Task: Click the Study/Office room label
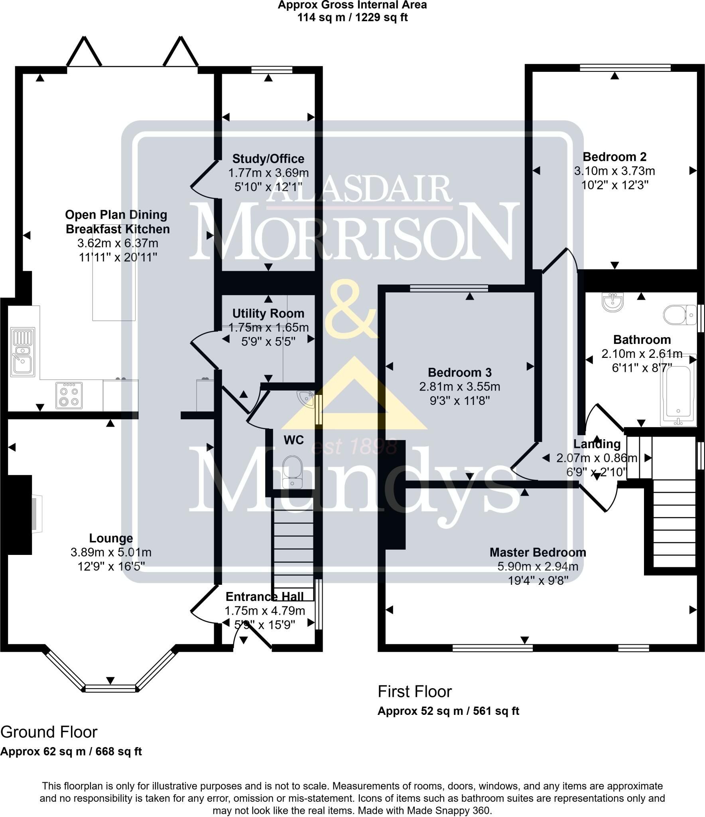pos(268,159)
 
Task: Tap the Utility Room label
pos(268,314)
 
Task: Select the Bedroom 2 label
pos(614,157)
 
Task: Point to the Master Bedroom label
pos(538,553)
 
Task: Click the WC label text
pos(294,440)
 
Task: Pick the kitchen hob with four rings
pos(69,395)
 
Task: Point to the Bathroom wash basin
pos(613,302)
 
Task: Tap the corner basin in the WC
pos(307,399)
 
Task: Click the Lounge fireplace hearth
pos(37,514)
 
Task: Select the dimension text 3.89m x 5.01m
pos(111,553)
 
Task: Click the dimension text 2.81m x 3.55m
pos(460,387)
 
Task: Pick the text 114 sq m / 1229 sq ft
pos(352,17)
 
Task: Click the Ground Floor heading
pos(49,732)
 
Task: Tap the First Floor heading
pos(415,691)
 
